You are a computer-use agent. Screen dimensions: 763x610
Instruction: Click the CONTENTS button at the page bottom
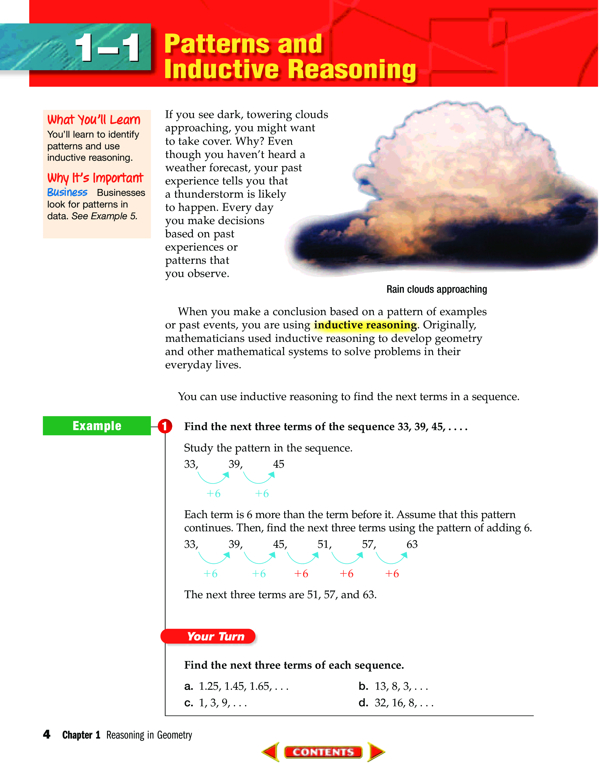[323, 752]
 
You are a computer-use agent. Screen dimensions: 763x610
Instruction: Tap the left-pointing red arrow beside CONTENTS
[271, 751]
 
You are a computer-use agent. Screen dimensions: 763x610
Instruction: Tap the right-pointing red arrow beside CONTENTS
[376, 751]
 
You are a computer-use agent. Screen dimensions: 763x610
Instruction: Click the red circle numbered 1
[164, 426]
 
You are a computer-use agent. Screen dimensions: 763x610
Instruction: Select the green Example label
[97, 426]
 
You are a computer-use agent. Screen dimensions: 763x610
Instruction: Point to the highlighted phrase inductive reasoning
[365, 325]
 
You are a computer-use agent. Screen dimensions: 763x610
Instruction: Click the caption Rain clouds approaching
[436, 289]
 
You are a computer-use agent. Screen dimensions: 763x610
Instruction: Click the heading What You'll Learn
[94, 120]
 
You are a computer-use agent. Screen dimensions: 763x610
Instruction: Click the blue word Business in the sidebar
[67, 193]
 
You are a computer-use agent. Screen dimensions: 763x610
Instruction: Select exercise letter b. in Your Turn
[363, 686]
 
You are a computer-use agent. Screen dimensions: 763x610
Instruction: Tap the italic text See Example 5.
[104, 216]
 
